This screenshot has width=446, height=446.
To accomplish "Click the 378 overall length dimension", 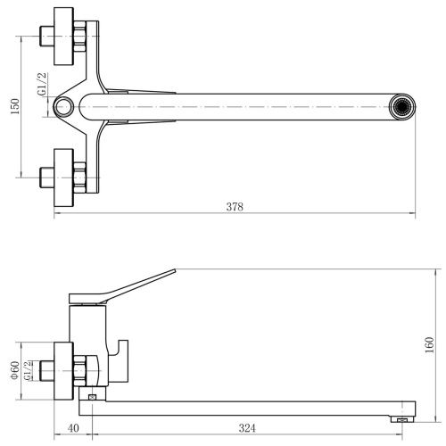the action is click(235, 207).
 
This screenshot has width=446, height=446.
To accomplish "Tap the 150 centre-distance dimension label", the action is click(15, 106).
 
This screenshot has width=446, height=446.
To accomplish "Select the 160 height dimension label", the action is click(430, 345).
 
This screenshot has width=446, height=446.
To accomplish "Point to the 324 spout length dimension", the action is click(247, 428).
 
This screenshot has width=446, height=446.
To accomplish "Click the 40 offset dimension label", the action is click(73, 428).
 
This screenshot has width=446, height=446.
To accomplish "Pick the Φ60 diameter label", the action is click(15, 370).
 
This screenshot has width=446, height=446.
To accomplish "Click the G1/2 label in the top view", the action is click(42, 84).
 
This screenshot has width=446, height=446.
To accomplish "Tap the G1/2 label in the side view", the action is click(28, 370).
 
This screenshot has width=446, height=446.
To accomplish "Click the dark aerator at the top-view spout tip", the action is click(402, 106).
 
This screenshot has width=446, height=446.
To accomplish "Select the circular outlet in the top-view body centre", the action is click(63, 107).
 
